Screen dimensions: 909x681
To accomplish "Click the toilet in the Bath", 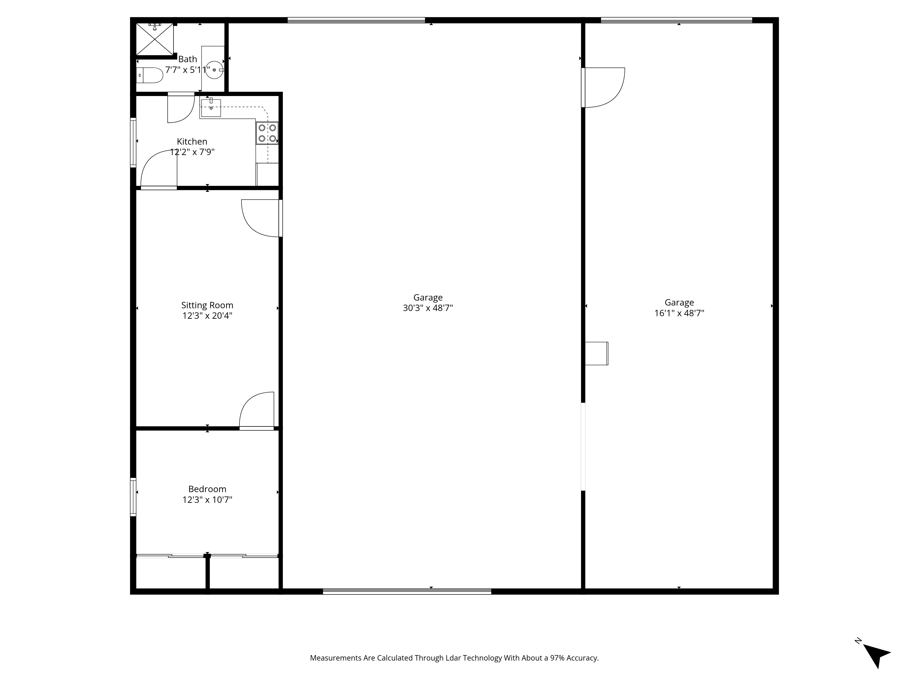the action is pos(150,75).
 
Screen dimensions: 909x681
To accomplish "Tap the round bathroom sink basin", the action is pos(214,70).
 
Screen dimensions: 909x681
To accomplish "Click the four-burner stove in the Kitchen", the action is pos(267,133).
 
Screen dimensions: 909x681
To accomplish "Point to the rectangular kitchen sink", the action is pos(211,108).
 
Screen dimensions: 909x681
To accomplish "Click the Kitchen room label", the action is pos(192,141).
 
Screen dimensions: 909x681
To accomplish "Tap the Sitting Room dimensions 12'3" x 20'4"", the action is pos(207,316).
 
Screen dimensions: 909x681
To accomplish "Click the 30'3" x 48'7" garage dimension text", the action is pos(428,308).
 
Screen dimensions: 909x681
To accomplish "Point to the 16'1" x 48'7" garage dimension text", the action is pos(679,313).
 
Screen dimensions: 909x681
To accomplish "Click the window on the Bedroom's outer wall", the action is pos(133,497).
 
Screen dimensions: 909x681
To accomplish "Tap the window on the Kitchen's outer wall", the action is pos(133,142).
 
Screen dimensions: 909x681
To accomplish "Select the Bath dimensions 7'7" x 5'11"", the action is pos(188,70).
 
